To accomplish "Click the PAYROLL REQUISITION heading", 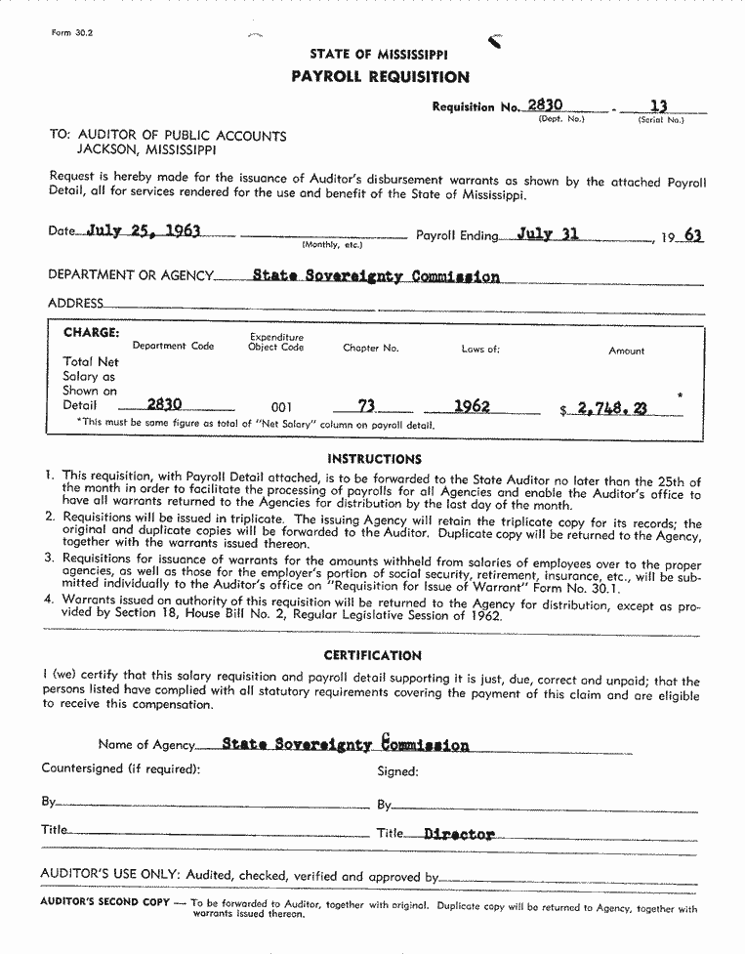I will (x=380, y=77).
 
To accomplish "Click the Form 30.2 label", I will (x=71, y=33).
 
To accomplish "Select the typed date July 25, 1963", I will (x=144, y=231).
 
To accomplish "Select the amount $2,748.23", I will (x=610, y=410).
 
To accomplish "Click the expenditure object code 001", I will (x=281, y=407).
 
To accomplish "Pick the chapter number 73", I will (x=366, y=406).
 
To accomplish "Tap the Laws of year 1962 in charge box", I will (x=472, y=406).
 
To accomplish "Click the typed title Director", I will (x=460, y=835).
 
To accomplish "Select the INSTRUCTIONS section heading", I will (x=375, y=459).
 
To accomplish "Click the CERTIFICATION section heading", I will (x=372, y=655).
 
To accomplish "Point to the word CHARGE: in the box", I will (x=92, y=332).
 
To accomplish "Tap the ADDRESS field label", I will (x=75, y=304).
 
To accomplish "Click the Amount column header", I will (x=626, y=351).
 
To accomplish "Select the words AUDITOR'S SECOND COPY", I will (x=104, y=901).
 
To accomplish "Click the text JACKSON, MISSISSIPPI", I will (x=146, y=151).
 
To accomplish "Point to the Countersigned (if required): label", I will (x=121, y=768).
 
